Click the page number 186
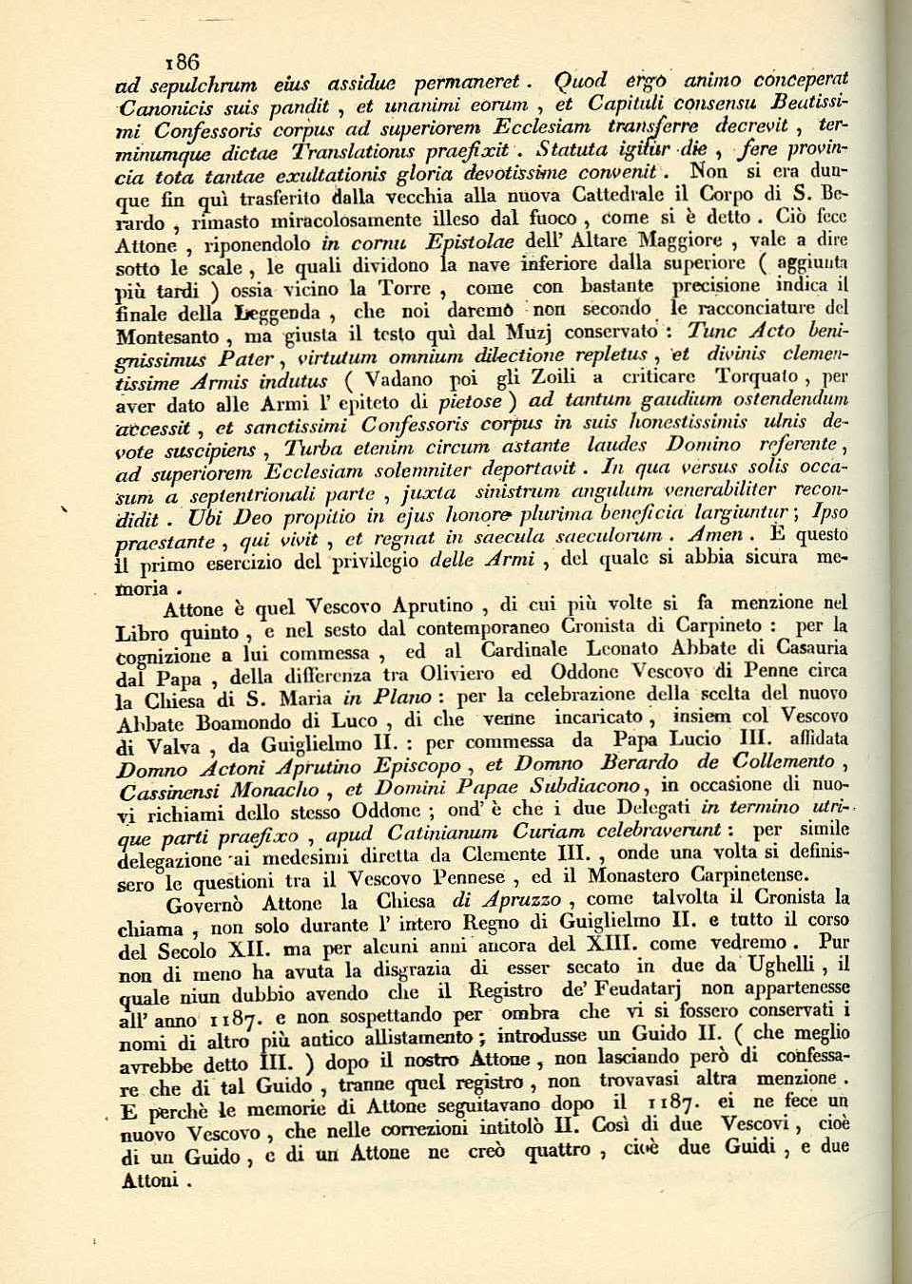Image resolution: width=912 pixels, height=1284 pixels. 182,62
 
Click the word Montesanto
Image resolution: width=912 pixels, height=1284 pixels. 165,336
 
